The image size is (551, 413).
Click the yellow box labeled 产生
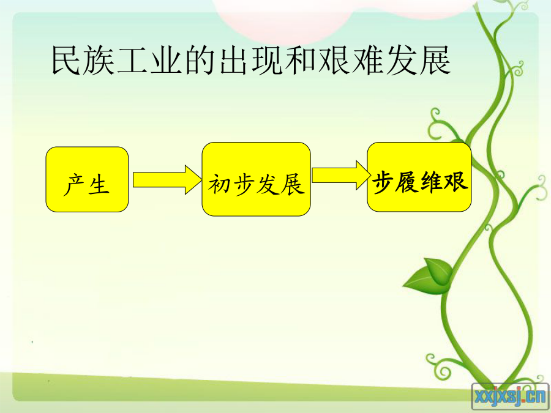pyautogui.click(x=87, y=179)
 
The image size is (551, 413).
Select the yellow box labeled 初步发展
pyautogui.click(x=256, y=179)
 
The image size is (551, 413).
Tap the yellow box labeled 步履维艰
pyautogui.click(x=419, y=177)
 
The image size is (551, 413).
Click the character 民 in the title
pyautogui.click(x=66, y=60)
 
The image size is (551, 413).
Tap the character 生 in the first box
pyautogui.click(x=99, y=184)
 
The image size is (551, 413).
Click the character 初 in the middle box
pyautogui.click(x=220, y=184)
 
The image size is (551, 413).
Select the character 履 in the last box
pyautogui.click(x=407, y=182)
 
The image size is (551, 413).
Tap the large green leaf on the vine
pyautogui.click(x=429, y=277)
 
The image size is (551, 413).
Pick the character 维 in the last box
pyautogui.click(x=432, y=182)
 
